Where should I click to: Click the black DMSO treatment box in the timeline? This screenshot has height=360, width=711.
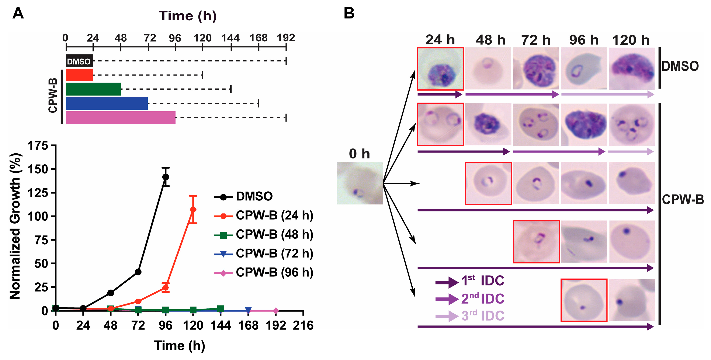(79, 61)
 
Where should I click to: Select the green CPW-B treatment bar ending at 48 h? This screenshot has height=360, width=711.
(93, 89)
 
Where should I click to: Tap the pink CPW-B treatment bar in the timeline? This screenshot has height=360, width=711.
(121, 118)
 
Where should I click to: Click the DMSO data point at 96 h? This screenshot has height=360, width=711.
(165, 177)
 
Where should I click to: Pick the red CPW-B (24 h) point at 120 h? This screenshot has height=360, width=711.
(193, 210)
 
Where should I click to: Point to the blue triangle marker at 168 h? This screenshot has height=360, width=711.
(248, 311)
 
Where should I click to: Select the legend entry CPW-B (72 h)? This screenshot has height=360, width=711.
(274, 253)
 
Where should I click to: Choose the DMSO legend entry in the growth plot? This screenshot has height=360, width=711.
(254, 196)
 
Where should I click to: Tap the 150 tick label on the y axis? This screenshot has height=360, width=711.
(38, 169)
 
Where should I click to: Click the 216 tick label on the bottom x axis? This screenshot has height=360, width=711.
(303, 325)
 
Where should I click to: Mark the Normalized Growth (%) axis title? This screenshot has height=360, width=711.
(15, 226)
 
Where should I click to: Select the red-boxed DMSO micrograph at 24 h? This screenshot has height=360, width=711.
(440, 69)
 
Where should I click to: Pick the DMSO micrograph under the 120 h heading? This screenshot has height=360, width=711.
(632, 69)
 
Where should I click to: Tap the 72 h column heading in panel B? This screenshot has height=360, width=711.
(536, 40)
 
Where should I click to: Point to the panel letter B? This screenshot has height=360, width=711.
(349, 13)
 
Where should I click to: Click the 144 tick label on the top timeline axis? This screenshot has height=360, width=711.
(230, 38)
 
